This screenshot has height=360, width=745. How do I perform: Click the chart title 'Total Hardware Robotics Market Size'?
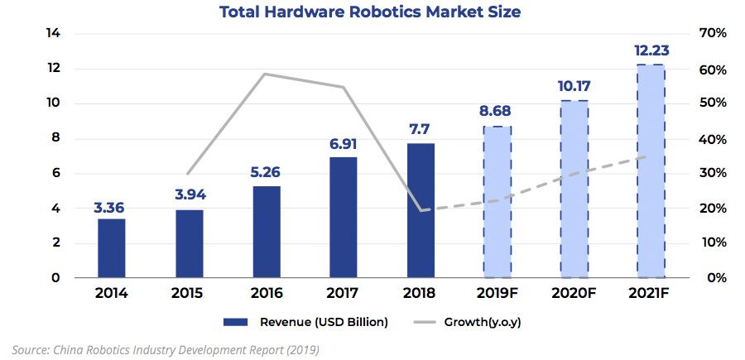[370, 12]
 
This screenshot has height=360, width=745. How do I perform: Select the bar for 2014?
[111, 247]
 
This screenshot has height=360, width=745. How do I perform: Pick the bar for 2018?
[421, 210]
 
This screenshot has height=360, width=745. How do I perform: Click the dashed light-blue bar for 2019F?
[497, 202]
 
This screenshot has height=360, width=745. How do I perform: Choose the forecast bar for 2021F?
[651, 170]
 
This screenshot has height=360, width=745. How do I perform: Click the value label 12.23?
[651, 51]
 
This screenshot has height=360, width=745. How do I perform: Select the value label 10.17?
[574, 87]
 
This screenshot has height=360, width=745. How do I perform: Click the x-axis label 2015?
[189, 294]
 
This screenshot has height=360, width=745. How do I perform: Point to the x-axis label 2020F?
[574, 294]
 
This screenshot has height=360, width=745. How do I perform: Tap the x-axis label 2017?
[344, 294]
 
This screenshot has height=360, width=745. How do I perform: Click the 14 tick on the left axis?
[54, 33]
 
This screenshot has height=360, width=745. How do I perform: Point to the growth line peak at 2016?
[264, 74]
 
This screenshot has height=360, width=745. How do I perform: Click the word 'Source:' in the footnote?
[30, 349]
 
